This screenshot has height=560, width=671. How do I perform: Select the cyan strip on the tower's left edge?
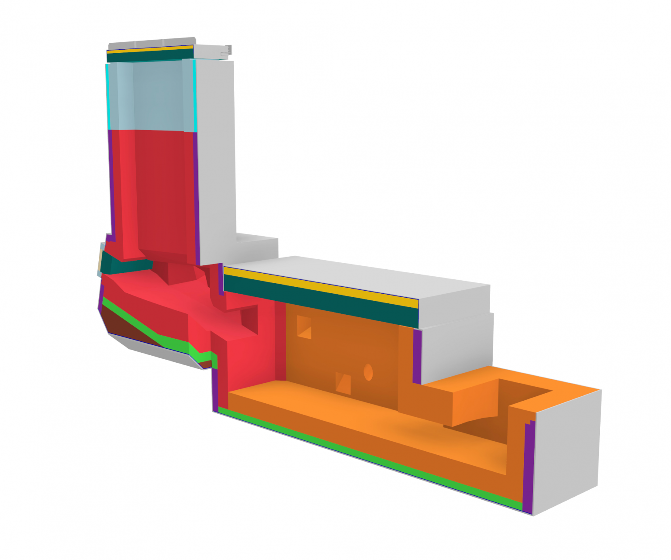[107, 96]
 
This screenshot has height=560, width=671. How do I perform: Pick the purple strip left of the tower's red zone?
[111, 183]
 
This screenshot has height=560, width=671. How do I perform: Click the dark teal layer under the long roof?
[319, 301]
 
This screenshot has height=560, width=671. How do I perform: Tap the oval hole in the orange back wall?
[368, 372]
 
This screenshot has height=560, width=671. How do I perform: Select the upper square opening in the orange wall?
[304, 326]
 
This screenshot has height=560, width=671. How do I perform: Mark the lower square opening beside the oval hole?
[343, 383]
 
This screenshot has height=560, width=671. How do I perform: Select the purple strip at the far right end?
[528, 467]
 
